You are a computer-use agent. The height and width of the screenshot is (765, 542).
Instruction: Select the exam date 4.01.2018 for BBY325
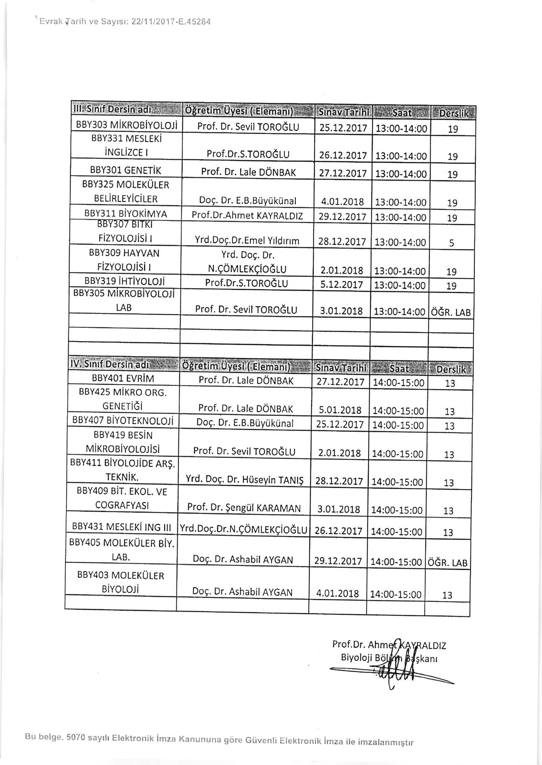342,202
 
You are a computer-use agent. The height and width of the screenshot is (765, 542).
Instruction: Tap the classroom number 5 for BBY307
452,243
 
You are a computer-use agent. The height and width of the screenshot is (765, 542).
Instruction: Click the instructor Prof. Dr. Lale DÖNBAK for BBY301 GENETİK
248,172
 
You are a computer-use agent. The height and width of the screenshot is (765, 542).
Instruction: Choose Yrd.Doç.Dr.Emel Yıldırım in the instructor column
247,241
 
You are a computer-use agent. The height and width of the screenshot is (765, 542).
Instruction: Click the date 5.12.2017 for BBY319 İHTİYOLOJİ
341,285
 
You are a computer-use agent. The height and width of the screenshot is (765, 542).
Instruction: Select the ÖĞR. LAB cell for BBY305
451,312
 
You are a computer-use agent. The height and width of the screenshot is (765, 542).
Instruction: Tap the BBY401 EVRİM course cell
123,379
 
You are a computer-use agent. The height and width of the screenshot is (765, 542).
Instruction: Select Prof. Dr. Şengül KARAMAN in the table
244,508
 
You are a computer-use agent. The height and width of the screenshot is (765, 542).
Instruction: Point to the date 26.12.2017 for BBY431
339,531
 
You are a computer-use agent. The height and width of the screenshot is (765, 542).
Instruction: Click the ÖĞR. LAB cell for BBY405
447,563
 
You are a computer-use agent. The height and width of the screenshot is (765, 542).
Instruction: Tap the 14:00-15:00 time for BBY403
395,594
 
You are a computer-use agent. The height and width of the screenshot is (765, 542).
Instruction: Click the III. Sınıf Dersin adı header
112,111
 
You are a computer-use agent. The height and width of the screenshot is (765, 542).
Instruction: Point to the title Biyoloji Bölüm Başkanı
389,658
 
